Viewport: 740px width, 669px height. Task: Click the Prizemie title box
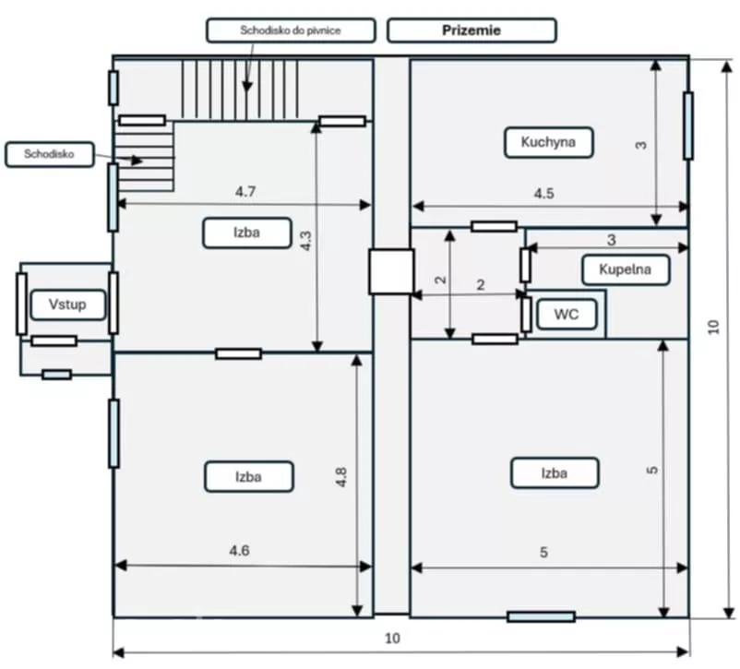[x=471, y=30]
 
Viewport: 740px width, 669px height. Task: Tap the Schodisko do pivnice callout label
[x=291, y=30]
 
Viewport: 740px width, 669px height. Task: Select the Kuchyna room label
[x=548, y=142]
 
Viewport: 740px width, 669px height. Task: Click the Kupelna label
[x=626, y=269]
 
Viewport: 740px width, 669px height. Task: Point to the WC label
[x=567, y=314]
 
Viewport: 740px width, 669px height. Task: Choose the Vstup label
[x=67, y=305]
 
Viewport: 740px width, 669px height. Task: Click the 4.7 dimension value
[x=245, y=192]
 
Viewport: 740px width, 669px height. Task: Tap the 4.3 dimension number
[x=305, y=241]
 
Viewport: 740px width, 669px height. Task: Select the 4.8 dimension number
[x=341, y=477]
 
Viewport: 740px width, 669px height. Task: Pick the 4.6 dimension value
[x=239, y=551]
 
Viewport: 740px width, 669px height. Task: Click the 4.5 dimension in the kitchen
[x=543, y=193]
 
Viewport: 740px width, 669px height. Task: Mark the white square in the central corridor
[x=391, y=271]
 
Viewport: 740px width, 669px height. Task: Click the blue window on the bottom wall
[x=541, y=616]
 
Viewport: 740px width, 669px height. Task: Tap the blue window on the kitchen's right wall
[x=688, y=125]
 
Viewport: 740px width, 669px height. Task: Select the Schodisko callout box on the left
[x=50, y=154]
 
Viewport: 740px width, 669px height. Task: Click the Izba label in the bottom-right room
[x=555, y=473]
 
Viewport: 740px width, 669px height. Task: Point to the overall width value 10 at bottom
[x=393, y=639]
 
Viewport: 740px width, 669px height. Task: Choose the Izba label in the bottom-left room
[x=249, y=477]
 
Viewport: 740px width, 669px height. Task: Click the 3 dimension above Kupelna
[x=612, y=240]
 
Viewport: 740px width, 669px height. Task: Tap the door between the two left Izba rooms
[x=238, y=353]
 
